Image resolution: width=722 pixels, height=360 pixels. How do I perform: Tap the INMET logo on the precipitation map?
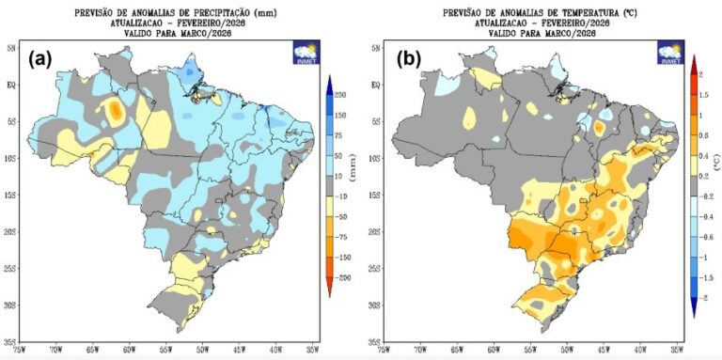point(307,53)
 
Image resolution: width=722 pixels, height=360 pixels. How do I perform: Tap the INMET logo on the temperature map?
point(669,53)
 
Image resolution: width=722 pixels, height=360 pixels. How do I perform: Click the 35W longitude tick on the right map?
point(676,351)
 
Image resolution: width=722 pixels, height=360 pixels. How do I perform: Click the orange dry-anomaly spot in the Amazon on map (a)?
point(115,111)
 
